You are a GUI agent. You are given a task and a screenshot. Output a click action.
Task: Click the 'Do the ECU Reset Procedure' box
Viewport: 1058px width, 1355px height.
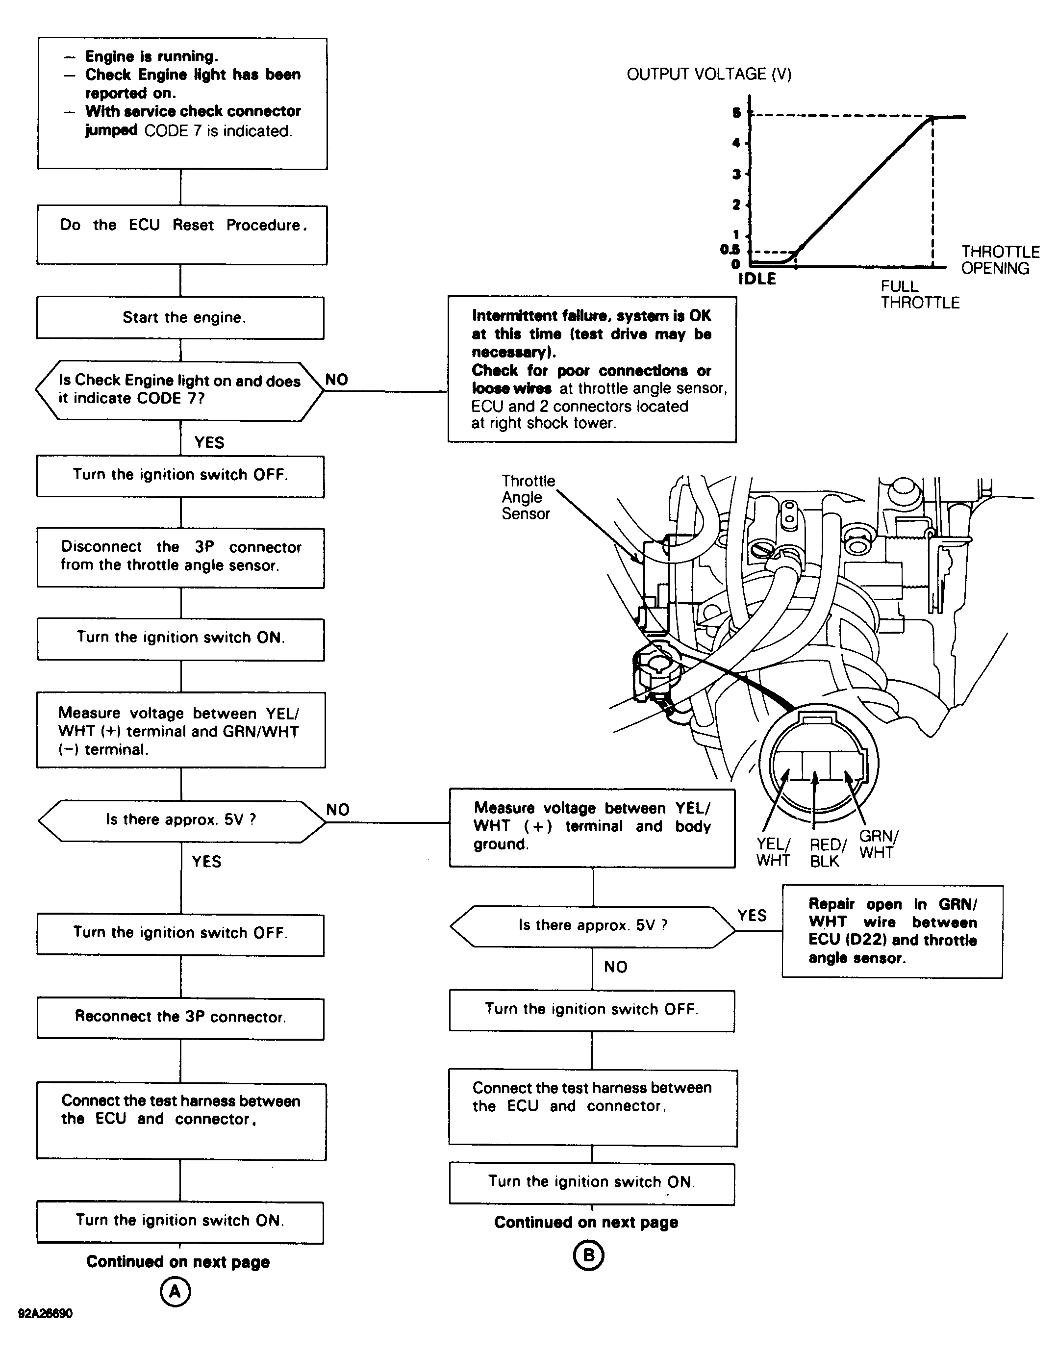182,234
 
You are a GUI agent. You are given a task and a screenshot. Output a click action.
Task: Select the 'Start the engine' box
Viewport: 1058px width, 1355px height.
180,318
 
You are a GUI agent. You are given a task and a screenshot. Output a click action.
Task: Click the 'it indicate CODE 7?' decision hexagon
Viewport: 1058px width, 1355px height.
180,390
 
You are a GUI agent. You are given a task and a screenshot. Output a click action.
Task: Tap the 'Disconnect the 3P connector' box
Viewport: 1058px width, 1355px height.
180,557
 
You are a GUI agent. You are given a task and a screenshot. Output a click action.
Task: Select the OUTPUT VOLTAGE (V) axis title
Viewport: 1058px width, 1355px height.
709,75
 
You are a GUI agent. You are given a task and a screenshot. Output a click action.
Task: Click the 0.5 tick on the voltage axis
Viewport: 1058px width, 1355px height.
730,250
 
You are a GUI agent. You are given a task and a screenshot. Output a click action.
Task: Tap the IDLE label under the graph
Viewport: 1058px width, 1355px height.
756,279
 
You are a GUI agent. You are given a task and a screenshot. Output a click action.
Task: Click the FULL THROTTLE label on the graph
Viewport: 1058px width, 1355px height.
920,295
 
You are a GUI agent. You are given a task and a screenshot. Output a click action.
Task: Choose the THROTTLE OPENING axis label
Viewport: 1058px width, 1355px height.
999,260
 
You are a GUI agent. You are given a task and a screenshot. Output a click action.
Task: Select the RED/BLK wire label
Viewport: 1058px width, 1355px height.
827,852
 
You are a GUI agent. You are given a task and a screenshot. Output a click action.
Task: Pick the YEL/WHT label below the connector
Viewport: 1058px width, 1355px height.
773,852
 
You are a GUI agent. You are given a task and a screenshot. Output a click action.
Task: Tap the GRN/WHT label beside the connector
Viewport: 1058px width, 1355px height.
878,844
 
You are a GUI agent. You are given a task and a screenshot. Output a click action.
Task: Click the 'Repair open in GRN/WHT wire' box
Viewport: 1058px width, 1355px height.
892,931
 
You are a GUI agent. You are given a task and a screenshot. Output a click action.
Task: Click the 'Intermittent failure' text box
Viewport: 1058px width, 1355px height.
592,369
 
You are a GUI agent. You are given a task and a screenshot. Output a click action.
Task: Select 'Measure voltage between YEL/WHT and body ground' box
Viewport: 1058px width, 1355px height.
592,827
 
